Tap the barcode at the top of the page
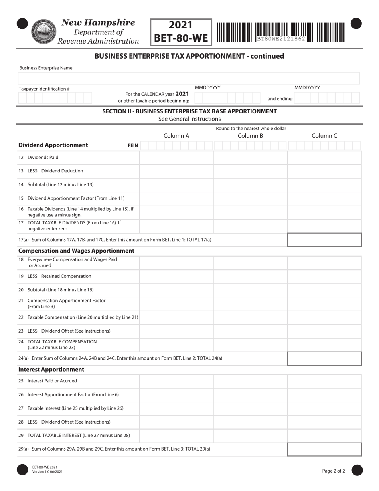[281, 32]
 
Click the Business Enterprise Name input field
[189, 78]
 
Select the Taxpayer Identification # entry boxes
[55, 98]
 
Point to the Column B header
[250, 136]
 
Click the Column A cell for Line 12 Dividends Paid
[176, 158]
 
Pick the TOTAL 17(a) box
[324, 240]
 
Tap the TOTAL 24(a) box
[324, 358]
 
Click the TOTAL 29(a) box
[324, 449]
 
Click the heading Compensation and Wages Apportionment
[76, 251]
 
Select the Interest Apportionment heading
[51, 370]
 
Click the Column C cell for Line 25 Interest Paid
[324, 381]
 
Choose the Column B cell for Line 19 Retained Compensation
[250, 276]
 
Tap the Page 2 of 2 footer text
[334, 471]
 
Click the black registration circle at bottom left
[22, 470]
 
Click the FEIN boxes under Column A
[176, 145]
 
